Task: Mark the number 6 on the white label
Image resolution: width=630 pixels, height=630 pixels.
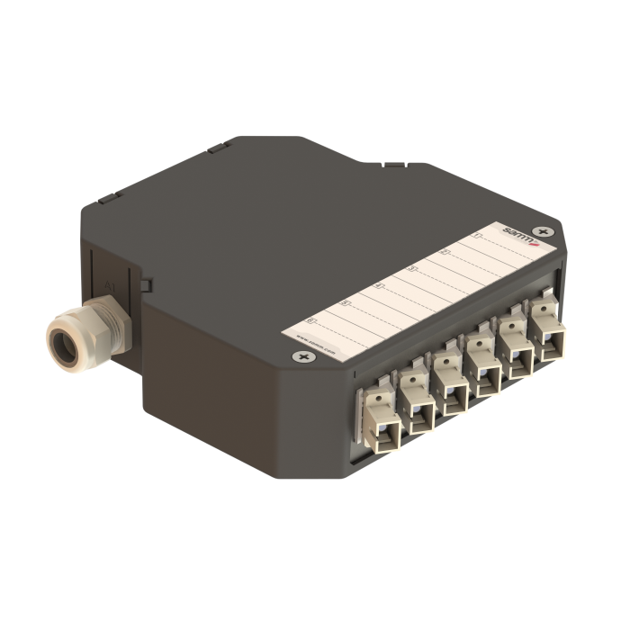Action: pos(311,321)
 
